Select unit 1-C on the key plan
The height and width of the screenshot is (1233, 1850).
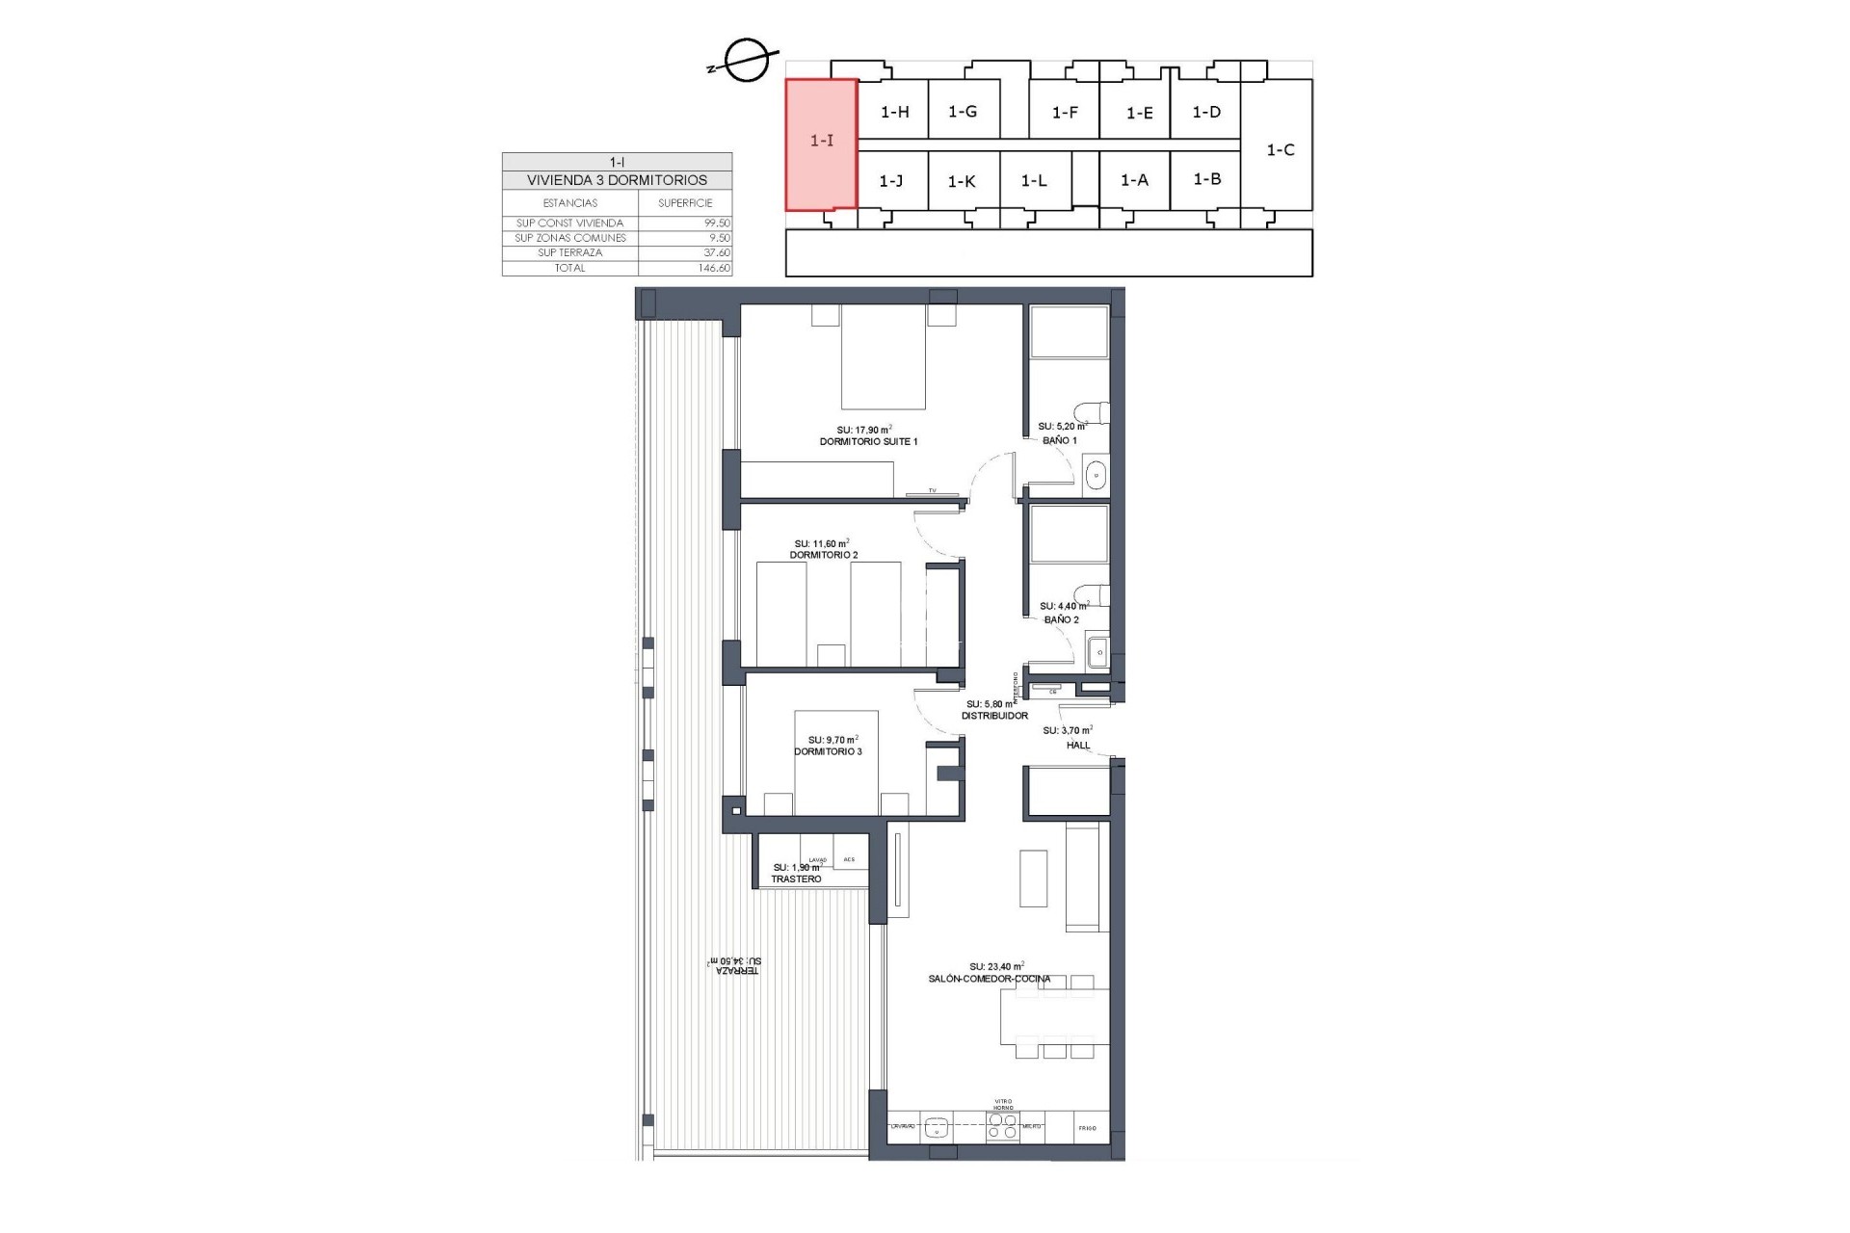tap(1280, 150)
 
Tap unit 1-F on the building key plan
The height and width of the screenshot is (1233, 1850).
tap(1064, 113)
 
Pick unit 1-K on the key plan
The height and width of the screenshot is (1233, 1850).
tap(962, 181)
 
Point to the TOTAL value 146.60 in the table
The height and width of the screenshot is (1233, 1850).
tap(713, 268)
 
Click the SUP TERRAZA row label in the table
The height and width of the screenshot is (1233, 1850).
tap(569, 252)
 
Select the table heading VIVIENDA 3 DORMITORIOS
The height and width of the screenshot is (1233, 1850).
tap(617, 180)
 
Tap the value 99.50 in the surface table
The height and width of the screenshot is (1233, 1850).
tap(717, 223)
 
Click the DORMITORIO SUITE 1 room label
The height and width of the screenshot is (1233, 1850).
tap(868, 441)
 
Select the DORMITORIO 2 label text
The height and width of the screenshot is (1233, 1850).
tap(823, 555)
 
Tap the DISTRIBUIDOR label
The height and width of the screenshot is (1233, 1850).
tap(995, 716)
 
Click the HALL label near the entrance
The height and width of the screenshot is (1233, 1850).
tap(1077, 745)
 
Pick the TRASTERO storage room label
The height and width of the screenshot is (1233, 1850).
tap(796, 879)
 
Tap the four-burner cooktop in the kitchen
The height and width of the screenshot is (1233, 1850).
tap(1002, 1126)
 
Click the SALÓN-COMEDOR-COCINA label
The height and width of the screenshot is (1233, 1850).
tap(990, 979)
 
